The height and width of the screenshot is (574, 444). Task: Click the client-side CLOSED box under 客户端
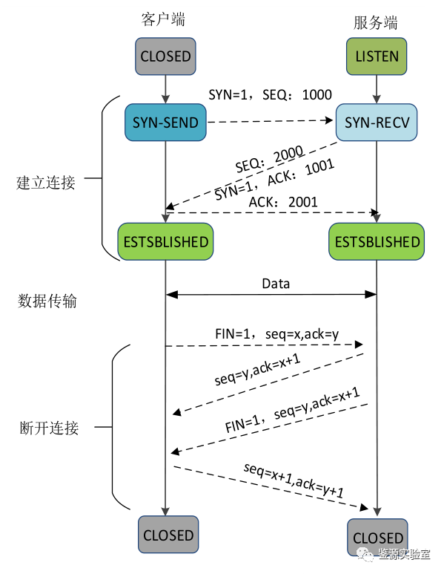(165, 56)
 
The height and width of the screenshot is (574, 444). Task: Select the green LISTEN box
(377, 56)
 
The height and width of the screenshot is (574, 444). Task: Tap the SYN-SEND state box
(165, 123)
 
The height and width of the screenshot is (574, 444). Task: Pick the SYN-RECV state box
(377, 123)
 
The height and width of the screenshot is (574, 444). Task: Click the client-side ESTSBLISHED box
(165, 241)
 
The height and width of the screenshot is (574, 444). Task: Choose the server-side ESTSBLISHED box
(377, 241)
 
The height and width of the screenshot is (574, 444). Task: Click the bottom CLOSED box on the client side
(168, 535)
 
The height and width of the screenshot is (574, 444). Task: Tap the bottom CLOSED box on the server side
(377, 537)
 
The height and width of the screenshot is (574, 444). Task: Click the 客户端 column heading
(163, 19)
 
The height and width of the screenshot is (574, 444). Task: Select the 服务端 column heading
(375, 23)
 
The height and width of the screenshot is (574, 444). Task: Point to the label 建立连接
(46, 183)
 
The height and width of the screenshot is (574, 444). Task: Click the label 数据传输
(47, 301)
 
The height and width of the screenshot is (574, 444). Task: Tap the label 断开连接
(49, 428)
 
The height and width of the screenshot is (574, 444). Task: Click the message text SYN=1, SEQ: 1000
(270, 95)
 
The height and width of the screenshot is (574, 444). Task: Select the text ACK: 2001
(283, 202)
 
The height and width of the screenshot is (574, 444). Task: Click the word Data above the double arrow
(276, 284)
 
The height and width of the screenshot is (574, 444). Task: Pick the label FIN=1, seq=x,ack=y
(277, 334)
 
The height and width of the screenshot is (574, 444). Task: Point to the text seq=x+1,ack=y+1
(294, 480)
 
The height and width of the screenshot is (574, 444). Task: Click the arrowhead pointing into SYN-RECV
(328, 120)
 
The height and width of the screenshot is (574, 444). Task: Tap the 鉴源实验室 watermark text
(404, 554)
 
